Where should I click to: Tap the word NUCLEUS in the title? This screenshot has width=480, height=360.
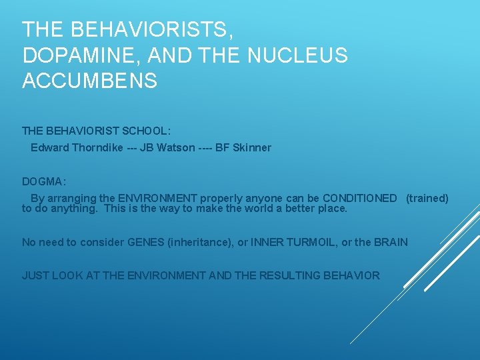pyautogui.click(x=297, y=56)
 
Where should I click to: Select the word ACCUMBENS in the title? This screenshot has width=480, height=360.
pyautogui.click(x=90, y=81)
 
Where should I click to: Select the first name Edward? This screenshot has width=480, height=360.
pyautogui.click(x=48, y=147)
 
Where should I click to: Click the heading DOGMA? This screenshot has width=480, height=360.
pyautogui.click(x=43, y=181)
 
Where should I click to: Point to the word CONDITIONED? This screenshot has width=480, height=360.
pyautogui.click(x=359, y=198)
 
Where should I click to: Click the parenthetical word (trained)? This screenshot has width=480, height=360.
pyautogui.click(x=427, y=198)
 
